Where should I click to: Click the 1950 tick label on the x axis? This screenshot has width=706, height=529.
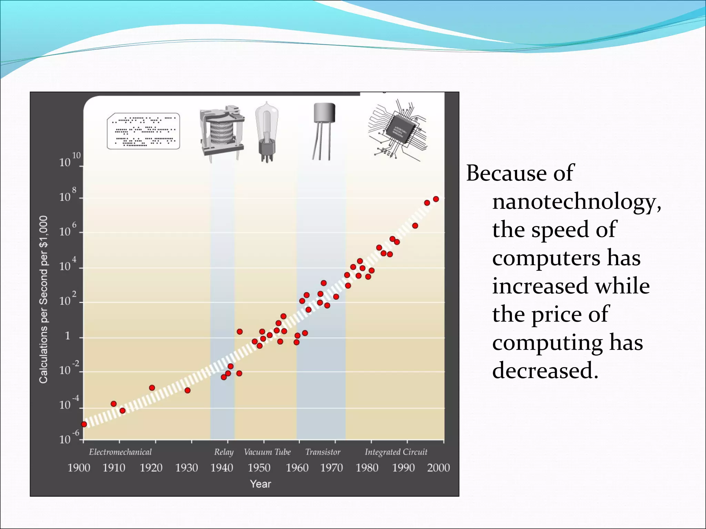point(259,468)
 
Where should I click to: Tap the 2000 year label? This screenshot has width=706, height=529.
point(438,468)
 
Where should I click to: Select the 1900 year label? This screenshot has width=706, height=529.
point(79,468)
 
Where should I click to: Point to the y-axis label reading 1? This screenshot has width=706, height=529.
point(68,336)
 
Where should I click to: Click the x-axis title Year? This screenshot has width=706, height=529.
point(260,484)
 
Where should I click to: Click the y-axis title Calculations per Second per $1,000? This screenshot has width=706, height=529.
point(43,299)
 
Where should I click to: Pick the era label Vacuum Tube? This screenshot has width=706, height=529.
point(267,452)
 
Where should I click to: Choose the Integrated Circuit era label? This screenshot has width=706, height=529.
point(396,452)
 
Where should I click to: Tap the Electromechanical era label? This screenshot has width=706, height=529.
point(120,452)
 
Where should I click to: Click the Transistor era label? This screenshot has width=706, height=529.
point(323,452)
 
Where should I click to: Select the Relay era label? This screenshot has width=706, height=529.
point(224,452)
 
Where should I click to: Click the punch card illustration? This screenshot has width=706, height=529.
point(143,131)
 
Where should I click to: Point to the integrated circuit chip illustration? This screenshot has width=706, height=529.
point(398,130)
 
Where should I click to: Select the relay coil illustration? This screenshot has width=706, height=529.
point(222,133)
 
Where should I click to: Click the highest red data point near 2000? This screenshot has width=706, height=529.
point(436,199)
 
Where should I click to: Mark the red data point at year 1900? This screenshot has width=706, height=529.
point(84,424)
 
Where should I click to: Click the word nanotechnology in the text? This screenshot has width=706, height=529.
point(576,201)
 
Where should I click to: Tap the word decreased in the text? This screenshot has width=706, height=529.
point(545,371)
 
